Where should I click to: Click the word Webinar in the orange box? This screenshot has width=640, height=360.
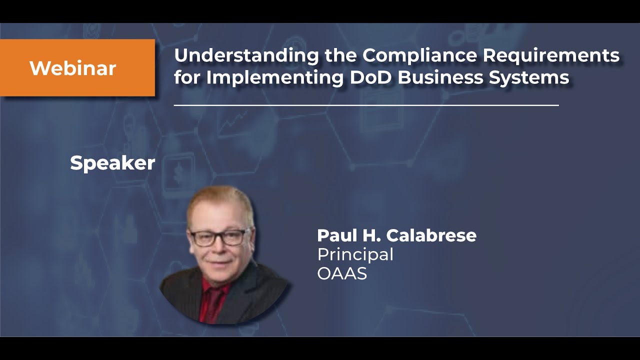point(73,68)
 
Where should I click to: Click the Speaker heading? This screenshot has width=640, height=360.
point(112,163)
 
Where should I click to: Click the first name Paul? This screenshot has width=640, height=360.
point(334,235)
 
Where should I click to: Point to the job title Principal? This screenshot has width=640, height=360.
point(355,254)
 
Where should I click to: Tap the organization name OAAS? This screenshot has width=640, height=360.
point(342,273)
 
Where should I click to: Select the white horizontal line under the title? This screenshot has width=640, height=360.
point(366,105)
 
